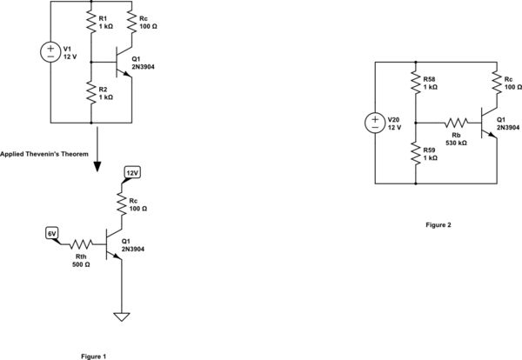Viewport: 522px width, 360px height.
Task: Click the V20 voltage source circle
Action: [375, 123]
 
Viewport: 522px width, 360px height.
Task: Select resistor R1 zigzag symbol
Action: [91, 22]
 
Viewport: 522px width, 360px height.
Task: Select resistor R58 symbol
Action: [415, 83]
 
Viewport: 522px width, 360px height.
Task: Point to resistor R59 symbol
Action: [415, 155]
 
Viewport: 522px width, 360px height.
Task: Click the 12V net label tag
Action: [132, 173]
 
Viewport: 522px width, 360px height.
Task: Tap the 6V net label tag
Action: [51, 233]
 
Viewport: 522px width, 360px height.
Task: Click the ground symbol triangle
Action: [122, 317]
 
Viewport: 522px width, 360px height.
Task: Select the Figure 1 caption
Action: [92, 356]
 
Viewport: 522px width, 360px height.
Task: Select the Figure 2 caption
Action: [438, 225]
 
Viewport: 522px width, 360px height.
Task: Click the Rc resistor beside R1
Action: [130, 22]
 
